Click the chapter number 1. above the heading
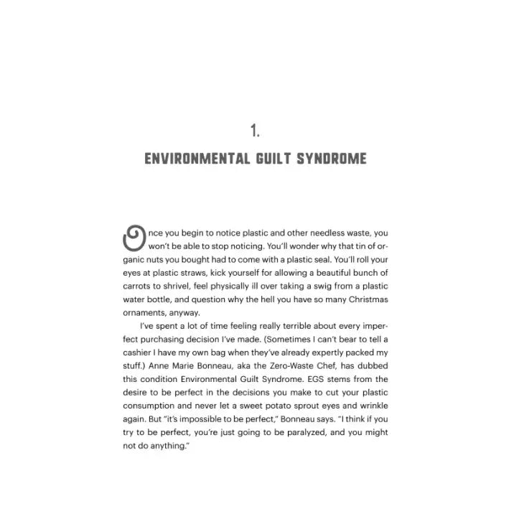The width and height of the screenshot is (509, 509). (254, 130)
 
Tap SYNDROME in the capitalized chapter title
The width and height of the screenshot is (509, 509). (333, 158)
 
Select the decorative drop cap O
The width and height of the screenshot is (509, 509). (134, 238)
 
